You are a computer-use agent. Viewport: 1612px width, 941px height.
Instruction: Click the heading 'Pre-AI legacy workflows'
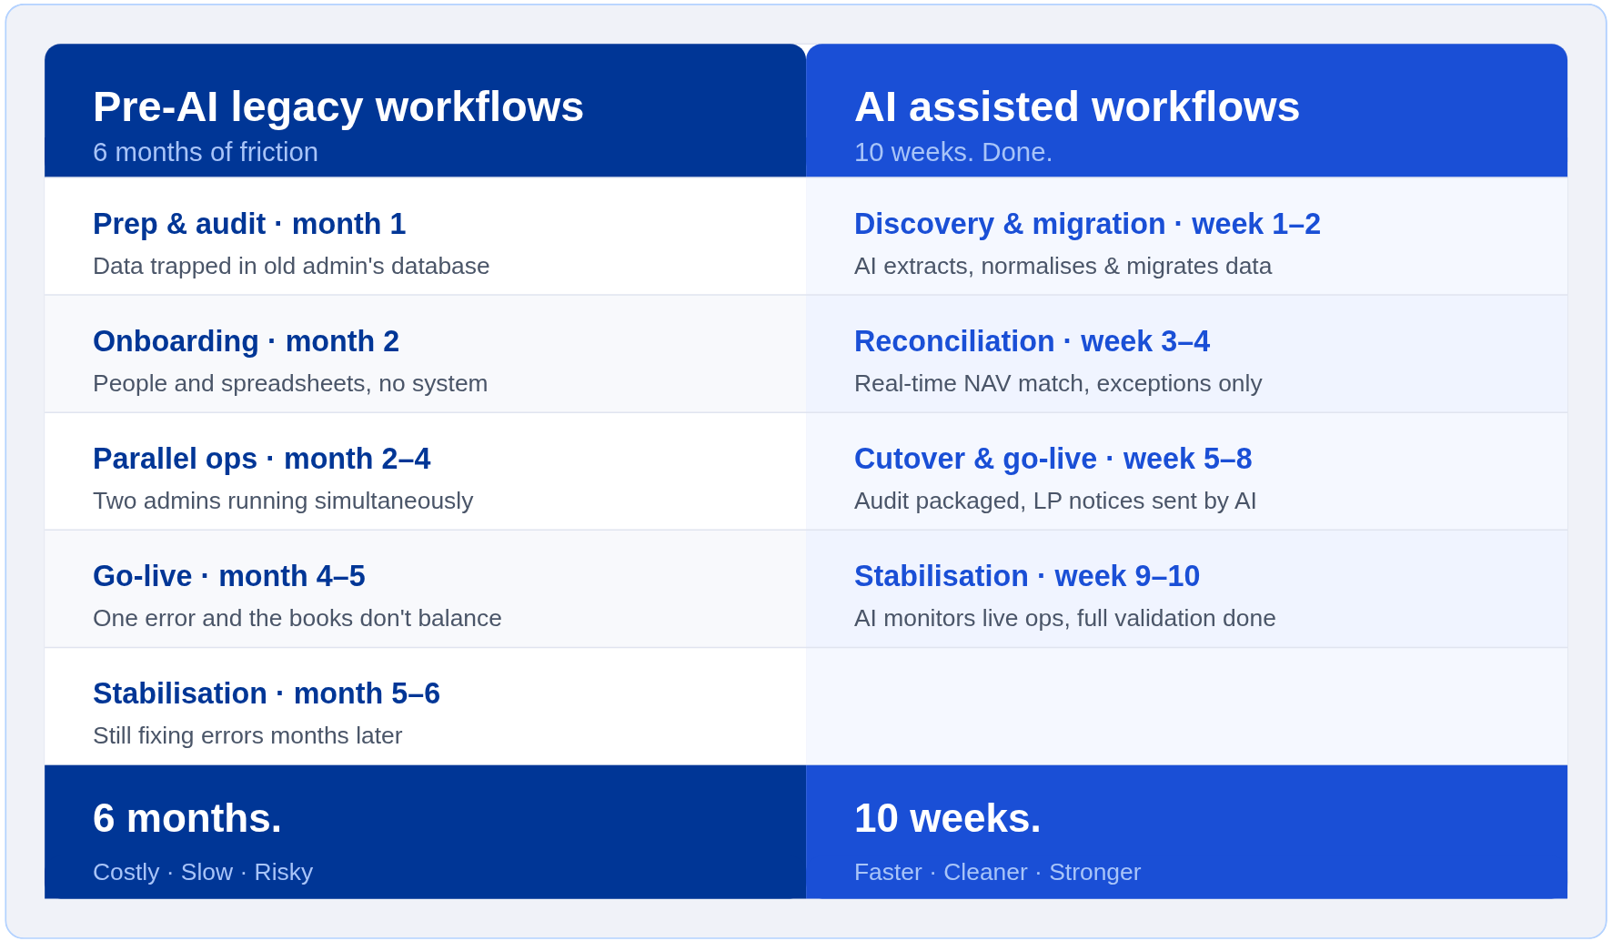coord(338,107)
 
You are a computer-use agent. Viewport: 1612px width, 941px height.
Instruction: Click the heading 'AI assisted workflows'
coord(1077,107)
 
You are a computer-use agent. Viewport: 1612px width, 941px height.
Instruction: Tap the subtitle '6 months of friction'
coord(206,152)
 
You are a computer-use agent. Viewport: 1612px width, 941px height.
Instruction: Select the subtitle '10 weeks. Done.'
coord(953,152)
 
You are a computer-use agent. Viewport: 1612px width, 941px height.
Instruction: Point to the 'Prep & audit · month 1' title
coord(249,224)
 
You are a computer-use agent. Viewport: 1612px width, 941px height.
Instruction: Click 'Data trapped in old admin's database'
coord(291,266)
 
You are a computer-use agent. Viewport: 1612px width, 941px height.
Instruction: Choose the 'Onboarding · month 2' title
coord(246,341)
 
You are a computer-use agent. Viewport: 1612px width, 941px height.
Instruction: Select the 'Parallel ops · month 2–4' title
coord(262,459)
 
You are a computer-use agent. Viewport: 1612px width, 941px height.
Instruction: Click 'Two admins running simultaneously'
coord(283,501)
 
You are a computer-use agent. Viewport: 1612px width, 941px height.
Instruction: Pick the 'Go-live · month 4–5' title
coord(229,576)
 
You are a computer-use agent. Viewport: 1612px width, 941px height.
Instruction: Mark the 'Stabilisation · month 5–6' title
coord(267,693)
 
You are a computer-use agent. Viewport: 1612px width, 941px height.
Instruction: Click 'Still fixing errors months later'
coord(247,735)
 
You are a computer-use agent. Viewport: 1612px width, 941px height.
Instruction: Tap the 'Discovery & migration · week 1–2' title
coord(1087,224)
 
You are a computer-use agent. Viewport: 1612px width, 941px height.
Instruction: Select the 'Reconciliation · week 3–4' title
coord(1032,341)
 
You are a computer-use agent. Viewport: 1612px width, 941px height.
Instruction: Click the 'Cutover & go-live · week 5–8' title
coord(1053,459)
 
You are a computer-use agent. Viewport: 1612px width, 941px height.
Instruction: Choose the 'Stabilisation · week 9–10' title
coord(1027,576)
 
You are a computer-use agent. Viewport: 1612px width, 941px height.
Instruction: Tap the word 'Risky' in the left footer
coord(284,873)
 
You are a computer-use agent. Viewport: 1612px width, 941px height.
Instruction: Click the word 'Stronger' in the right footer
coord(1094,873)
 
